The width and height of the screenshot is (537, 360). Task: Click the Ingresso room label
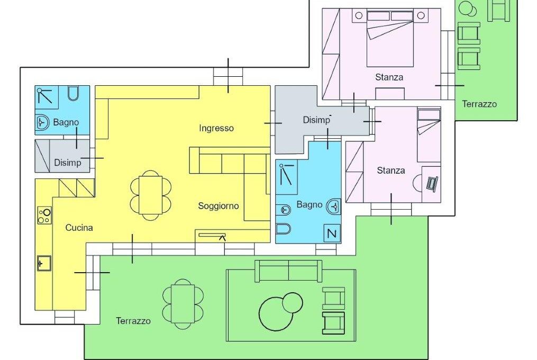(x=216, y=129)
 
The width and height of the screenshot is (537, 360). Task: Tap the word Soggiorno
(x=219, y=206)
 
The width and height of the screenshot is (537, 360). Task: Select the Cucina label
(x=79, y=228)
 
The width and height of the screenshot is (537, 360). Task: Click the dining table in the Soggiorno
(x=151, y=195)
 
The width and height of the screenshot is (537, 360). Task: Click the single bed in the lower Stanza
(x=429, y=136)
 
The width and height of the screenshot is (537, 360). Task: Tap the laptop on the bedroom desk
(x=432, y=183)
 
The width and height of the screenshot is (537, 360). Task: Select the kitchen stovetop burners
(x=44, y=215)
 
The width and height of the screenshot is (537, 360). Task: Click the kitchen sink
(x=44, y=263)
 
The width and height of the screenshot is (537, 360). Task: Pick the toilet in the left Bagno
(x=73, y=94)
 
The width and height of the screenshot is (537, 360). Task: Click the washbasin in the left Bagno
(x=43, y=122)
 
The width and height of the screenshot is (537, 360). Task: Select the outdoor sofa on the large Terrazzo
(x=288, y=271)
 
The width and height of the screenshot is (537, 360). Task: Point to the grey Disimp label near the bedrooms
(x=316, y=120)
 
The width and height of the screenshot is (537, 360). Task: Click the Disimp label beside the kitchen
(x=68, y=163)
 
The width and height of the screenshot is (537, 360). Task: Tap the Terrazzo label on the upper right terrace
(x=479, y=104)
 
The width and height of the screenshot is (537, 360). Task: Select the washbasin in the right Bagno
(x=333, y=206)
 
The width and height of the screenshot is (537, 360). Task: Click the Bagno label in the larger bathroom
(x=310, y=205)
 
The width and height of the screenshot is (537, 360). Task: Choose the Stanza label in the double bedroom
(x=389, y=77)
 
